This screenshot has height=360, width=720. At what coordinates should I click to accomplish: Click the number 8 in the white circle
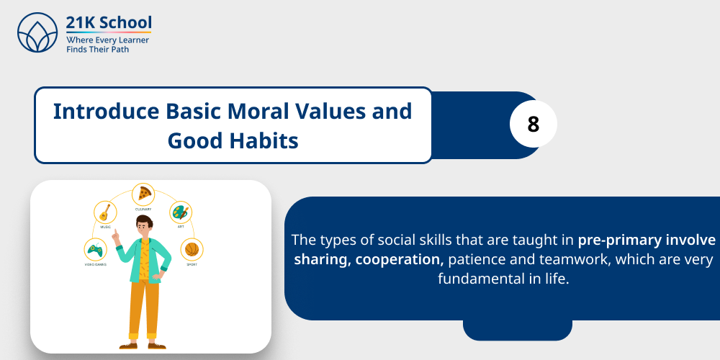click(x=533, y=125)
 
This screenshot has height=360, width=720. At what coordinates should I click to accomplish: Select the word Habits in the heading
click(x=263, y=140)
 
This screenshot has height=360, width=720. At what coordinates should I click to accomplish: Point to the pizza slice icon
click(x=145, y=194)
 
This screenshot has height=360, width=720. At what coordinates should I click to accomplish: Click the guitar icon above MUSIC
click(x=105, y=212)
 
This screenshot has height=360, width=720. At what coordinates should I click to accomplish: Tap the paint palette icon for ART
click(x=179, y=213)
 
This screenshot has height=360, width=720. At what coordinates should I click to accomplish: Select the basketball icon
click(x=191, y=249)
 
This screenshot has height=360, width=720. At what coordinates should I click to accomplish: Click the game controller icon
click(x=94, y=251)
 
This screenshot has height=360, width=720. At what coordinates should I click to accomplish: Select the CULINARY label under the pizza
click(x=144, y=209)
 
